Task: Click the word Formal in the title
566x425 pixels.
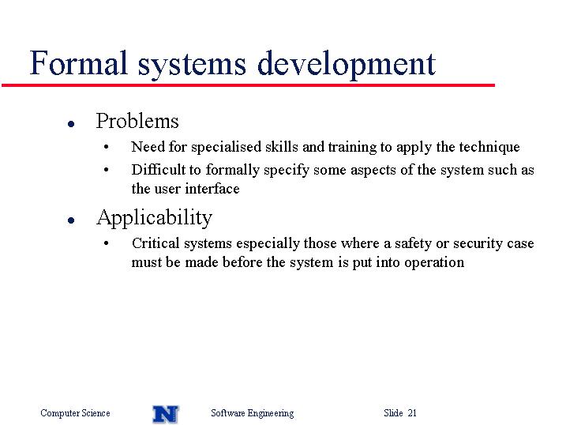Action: pos(78,63)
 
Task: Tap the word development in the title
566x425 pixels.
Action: pos(347,65)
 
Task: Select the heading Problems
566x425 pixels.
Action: pos(137,121)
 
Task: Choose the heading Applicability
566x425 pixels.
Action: pos(154,218)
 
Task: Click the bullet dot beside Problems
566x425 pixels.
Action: pos(71,124)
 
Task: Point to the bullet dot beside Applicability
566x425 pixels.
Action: pos(71,220)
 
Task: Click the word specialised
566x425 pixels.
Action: pos(226,147)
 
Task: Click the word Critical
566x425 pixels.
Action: pos(156,243)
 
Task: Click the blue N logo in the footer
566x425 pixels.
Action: pos(166,414)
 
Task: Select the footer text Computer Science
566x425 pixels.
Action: pos(75,413)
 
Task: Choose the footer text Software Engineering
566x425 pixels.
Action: pos(253,413)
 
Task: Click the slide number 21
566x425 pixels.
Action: pos(412,412)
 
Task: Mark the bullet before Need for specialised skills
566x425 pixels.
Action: pos(106,147)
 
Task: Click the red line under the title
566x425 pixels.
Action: pos(249,85)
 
